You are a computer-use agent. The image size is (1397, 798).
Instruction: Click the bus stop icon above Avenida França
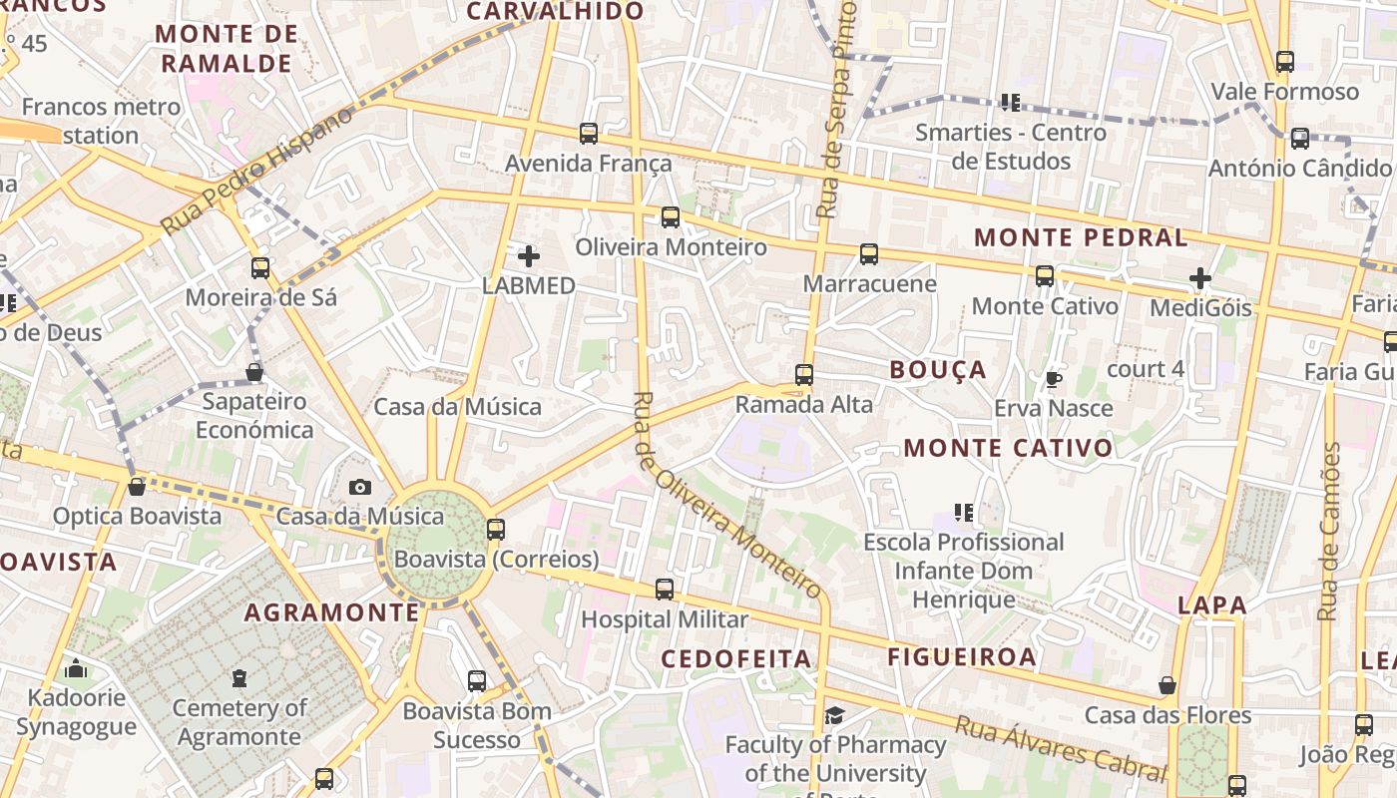(x=589, y=133)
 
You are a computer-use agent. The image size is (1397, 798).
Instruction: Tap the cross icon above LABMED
(x=529, y=256)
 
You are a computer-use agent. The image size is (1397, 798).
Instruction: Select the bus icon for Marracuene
(x=869, y=254)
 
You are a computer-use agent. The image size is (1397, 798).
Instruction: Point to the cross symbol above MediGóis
(x=1200, y=278)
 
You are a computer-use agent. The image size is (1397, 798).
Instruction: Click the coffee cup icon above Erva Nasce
(x=1053, y=379)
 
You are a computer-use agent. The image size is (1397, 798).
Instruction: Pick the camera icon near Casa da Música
(x=360, y=487)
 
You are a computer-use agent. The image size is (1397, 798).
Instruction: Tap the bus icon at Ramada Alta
(x=804, y=375)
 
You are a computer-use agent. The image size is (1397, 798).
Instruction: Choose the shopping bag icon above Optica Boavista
(x=137, y=487)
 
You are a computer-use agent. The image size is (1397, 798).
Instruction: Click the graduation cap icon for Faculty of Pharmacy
(x=834, y=715)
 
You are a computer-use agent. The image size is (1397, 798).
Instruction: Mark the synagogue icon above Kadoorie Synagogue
(x=76, y=668)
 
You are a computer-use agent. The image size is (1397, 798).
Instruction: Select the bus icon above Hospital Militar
(x=665, y=590)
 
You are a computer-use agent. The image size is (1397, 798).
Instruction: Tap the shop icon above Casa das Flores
(x=1167, y=685)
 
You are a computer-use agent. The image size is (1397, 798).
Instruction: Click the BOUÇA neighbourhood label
(x=938, y=370)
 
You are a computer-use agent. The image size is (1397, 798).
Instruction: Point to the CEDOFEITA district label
(x=736, y=658)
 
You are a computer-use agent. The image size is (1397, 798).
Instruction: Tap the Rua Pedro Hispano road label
(x=256, y=171)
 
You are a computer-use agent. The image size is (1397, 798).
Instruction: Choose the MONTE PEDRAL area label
(x=1081, y=237)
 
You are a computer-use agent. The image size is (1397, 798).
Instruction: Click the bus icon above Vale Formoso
(x=1285, y=62)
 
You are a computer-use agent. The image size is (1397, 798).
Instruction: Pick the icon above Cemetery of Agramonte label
(x=239, y=679)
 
